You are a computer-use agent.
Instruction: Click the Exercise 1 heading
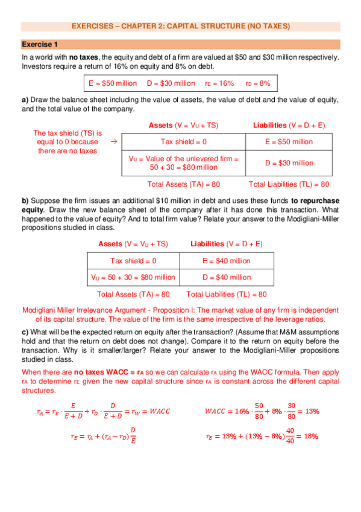point(40,45)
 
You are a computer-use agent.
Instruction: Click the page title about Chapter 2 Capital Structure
point(181,27)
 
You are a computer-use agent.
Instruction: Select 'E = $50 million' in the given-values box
point(113,83)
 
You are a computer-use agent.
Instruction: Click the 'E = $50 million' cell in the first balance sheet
point(289,141)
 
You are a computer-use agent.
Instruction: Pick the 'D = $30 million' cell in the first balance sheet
point(289,163)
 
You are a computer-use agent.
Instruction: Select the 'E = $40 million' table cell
point(226,261)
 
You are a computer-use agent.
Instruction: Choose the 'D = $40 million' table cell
point(226,277)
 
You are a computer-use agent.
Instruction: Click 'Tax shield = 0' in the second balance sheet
point(133,261)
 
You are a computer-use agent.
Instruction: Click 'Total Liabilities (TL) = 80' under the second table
point(227,295)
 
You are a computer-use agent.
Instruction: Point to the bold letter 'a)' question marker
point(25,100)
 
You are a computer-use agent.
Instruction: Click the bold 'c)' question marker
point(25,331)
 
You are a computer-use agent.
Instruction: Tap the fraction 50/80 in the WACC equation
point(259,411)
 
